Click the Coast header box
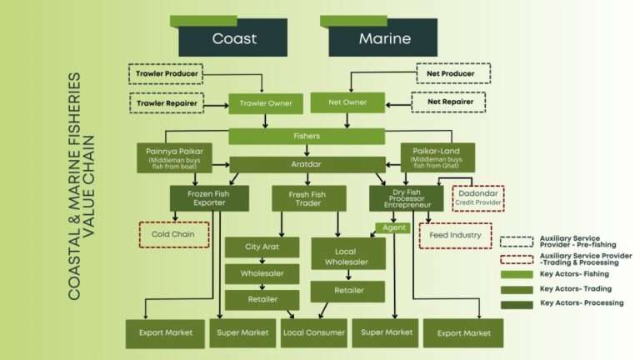(x=233, y=38)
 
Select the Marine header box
(x=384, y=38)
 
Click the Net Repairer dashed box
(x=451, y=103)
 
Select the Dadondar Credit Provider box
(x=479, y=198)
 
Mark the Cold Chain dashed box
(x=173, y=235)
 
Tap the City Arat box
(x=262, y=248)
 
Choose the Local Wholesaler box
(x=348, y=253)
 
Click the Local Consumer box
(x=313, y=332)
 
